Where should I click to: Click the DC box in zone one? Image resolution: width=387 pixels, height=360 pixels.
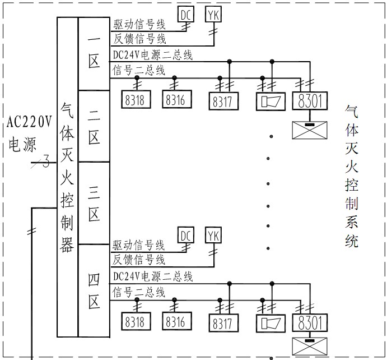pos(186,14)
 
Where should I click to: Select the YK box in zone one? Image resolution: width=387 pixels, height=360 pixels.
pos(213,14)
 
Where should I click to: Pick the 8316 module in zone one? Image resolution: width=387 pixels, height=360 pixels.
pos(175,99)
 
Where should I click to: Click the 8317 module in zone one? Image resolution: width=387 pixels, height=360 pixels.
pos(223,101)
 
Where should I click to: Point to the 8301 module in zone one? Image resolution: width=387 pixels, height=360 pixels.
pos(310,101)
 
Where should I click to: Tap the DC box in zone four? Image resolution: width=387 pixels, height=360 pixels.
pos(185,234)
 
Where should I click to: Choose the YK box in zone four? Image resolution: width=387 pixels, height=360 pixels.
pos(213,234)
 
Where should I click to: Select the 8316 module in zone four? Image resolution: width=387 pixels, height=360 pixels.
pos(175,321)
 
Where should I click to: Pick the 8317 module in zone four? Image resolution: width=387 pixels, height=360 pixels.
pos(223,323)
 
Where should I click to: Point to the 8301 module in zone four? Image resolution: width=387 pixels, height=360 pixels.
pos(310,323)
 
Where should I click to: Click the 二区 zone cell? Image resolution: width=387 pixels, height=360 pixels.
pos(94,126)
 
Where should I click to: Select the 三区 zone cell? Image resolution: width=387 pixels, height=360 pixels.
pos(94,203)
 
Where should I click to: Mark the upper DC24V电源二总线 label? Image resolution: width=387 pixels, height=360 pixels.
pos(152,55)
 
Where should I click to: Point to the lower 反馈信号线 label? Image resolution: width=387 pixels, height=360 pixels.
pos(139,260)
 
